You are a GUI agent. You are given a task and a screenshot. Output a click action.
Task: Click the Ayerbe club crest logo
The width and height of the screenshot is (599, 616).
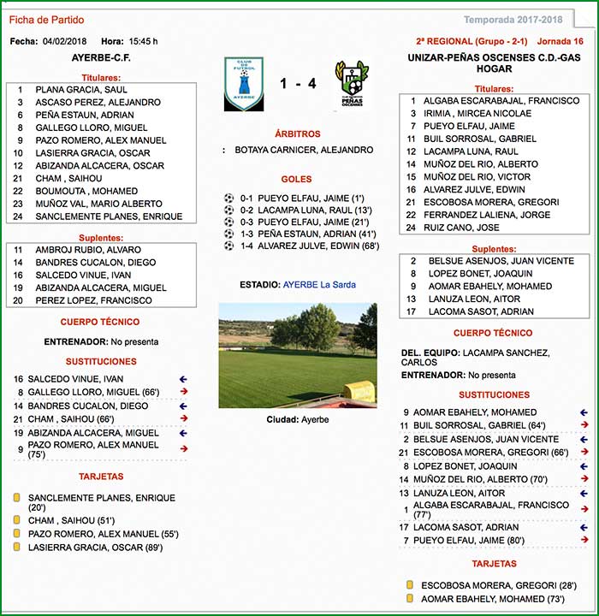[243, 84]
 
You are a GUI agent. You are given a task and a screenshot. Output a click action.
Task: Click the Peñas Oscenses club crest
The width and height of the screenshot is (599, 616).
[352, 83]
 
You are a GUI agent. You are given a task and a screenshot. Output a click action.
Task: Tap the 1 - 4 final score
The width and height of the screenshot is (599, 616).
[298, 84]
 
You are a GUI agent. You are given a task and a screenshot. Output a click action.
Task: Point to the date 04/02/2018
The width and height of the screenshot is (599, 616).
[64, 41]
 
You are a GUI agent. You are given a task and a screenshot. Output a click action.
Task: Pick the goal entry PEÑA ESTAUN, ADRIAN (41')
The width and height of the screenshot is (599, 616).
[317, 234]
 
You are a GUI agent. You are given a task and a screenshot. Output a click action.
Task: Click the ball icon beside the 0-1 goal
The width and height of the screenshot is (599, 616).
[228, 197]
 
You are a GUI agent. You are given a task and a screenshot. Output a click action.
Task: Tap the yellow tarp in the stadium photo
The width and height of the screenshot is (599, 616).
[359, 392]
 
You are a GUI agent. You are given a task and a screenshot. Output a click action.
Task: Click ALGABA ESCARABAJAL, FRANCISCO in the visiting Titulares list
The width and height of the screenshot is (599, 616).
[501, 101]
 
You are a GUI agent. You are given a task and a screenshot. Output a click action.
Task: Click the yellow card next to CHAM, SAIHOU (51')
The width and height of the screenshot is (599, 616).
[16, 520]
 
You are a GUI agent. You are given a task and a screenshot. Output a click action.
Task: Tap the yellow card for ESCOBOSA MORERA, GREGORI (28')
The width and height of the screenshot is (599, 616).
[410, 585]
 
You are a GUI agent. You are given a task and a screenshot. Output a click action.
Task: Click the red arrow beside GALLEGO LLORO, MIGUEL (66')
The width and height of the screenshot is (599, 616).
[182, 392]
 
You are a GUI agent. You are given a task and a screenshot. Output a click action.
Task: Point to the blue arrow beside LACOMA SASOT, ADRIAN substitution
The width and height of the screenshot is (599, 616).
[584, 527]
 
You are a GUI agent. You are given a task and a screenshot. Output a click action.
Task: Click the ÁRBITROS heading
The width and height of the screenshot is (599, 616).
[297, 134]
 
